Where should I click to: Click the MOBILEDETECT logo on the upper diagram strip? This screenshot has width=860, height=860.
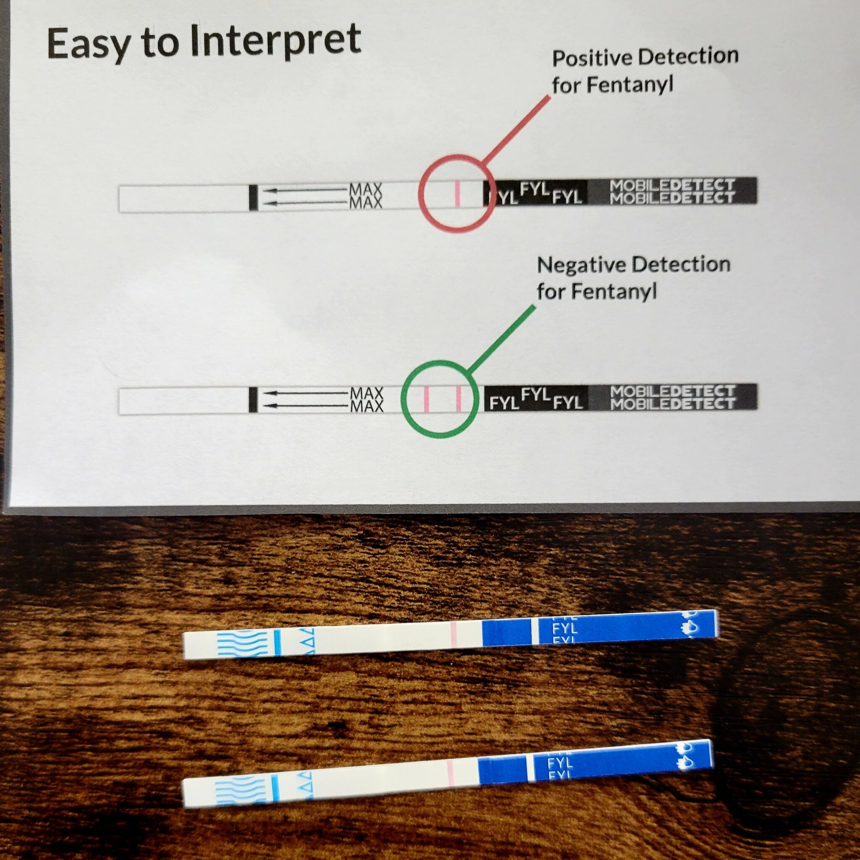click(672, 191)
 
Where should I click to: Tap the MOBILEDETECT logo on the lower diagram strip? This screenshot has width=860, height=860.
click(672, 398)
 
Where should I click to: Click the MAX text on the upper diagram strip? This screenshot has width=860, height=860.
click(366, 196)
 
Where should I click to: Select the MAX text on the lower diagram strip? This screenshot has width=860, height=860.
click(367, 399)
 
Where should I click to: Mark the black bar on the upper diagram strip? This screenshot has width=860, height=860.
click(253, 197)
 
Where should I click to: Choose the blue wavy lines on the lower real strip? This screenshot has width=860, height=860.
click(241, 791)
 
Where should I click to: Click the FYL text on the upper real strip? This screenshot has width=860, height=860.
click(564, 629)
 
